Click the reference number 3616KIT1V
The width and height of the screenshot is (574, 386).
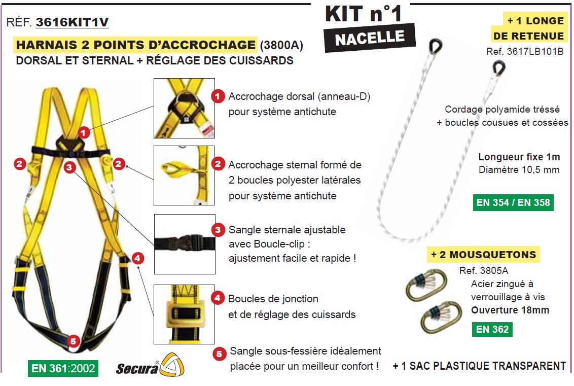(x=72, y=22)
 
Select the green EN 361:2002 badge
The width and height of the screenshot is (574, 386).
(x=63, y=368)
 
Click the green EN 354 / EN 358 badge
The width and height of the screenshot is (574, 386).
(x=513, y=202)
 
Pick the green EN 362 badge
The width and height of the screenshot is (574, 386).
(x=491, y=329)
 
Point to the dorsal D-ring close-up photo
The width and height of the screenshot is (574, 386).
(x=185, y=108)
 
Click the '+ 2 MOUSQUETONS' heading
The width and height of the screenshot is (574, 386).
(x=484, y=254)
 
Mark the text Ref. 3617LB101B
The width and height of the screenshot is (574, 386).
(x=525, y=51)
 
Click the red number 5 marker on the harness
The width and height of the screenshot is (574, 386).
(x=73, y=341)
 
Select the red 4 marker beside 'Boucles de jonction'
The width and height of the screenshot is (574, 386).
(x=218, y=298)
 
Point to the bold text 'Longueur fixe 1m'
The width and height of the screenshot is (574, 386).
(x=519, y=157)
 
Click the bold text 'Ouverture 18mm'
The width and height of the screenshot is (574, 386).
(x=510, y=310)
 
